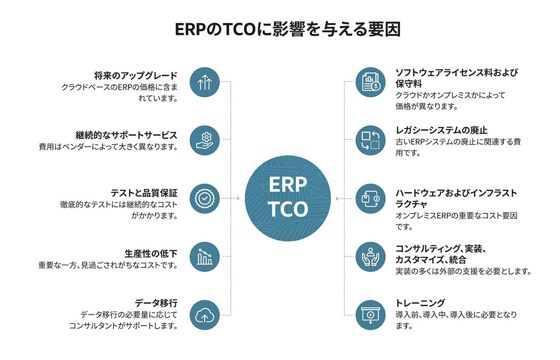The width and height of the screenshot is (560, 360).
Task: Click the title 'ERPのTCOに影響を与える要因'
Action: point(287,29)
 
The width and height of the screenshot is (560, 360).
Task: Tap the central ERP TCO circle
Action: point(288,198)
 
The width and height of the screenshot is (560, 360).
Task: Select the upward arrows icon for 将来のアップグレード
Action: point(205,82)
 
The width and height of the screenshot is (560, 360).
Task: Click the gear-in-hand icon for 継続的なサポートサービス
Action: point(205,140)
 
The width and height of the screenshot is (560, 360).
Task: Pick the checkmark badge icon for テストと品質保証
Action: point(205,199)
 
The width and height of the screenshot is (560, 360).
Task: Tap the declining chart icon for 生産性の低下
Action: point(205,257)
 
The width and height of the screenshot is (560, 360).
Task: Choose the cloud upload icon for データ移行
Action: point(205,315)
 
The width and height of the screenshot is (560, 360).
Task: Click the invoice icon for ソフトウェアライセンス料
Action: point(371,82)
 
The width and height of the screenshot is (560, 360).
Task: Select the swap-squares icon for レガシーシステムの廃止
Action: point(371,140)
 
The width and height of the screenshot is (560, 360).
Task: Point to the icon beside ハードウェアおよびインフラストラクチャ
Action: point(371,199)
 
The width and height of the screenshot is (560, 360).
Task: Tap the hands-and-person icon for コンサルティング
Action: point(371,257)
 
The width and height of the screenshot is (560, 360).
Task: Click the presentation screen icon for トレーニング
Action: point(371,315)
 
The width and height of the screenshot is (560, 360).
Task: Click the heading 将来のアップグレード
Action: point(136,76)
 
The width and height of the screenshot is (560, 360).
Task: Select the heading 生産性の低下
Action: point(151,254)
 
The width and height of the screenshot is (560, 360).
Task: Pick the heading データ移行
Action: point(156,303)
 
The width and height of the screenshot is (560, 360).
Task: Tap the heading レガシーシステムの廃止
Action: point(441,130)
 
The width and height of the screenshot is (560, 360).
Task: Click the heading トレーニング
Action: point(420,303)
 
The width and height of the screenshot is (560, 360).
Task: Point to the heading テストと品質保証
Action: point(144,193)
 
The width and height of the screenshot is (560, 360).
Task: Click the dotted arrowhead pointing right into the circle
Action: point(238,199)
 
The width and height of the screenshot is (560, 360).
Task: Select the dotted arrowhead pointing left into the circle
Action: point(337,199)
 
